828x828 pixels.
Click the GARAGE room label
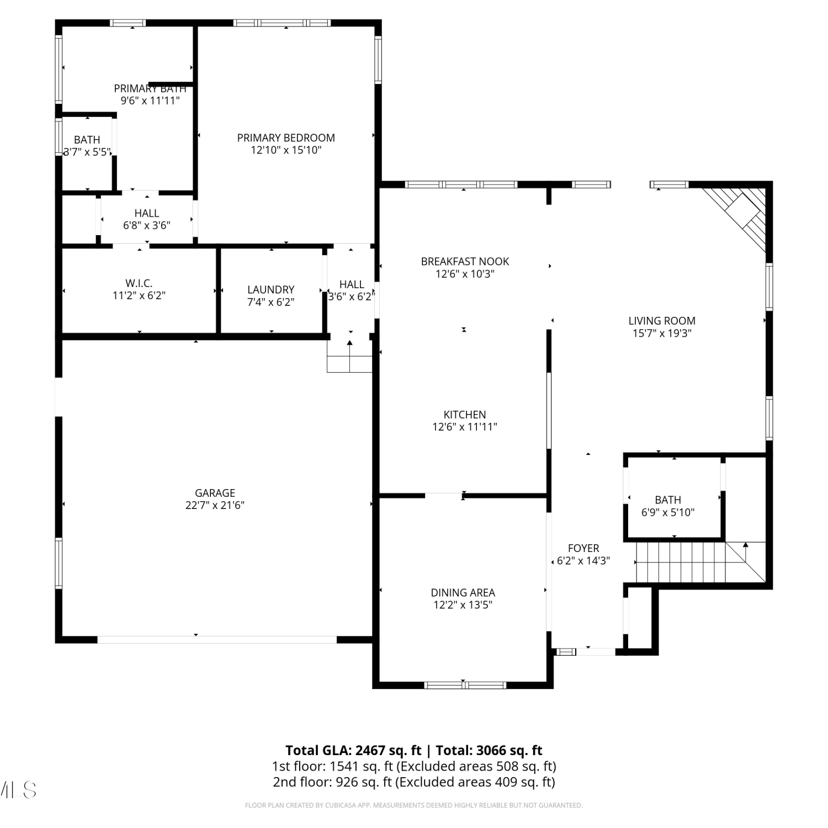tap(215, 493)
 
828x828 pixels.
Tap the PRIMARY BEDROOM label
tap(286, 138)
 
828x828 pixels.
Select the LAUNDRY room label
tap(270, 290)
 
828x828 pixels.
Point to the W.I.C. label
tap(139, 283)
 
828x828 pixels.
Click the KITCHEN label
tap(465, 415)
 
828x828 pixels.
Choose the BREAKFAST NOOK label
tap(465, 262)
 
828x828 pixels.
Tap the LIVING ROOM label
tap(662, 321)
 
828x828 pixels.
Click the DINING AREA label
tap(463, 593)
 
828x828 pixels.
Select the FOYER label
tap(583, 548)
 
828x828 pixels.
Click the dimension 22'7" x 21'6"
tap(215, 505)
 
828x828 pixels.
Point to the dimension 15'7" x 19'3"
tap(662, 333)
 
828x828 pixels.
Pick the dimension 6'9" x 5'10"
tap(668, 512)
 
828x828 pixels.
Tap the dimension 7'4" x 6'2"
tap(270, 302)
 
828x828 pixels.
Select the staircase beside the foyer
tap(700, 562)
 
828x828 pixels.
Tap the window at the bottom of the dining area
tap(465, 686)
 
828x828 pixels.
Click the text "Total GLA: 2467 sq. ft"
tap(353, 750)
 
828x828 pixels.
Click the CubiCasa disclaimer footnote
tap(413, 805)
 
